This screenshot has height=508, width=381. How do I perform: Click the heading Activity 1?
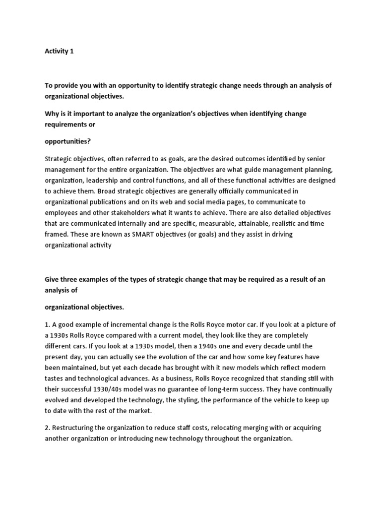(x=59, y=51)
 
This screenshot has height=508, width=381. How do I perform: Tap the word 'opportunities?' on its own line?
(x=67, y=141)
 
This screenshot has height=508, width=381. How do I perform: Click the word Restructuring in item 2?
(x=74, y=428)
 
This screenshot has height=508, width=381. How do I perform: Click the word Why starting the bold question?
(x=52, y=114)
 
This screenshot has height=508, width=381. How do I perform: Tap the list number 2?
(x=47, y=428)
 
